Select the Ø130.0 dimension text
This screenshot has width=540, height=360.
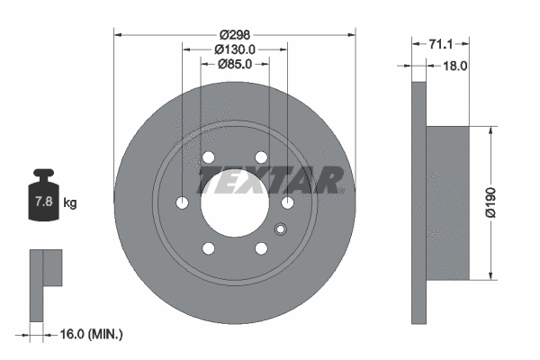tap(236, 49)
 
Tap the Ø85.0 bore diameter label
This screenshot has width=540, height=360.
tap(236, 64)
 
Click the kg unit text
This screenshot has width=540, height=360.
tap(70, 203)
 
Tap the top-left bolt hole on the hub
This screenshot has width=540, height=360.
tap(209, 158)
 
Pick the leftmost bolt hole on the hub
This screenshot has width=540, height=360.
tap(183, 203)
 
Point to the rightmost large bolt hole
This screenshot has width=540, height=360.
tap(287, 203)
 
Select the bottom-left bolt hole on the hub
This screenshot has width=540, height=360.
tap(209, 248)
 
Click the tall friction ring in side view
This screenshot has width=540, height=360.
tap(418, 202)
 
